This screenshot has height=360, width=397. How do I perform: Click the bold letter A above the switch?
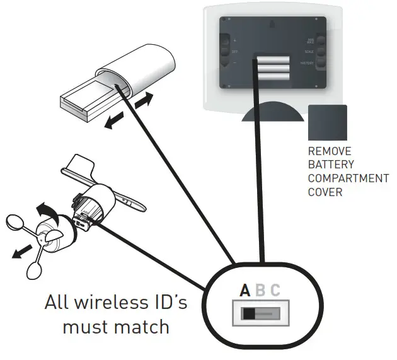coord(246,291)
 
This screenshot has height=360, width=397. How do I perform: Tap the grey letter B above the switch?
coord(261,291)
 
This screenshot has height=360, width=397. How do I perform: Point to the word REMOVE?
coord(330,151)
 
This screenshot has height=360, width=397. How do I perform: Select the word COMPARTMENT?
coord(348,178)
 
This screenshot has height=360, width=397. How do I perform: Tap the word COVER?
coord(325,192)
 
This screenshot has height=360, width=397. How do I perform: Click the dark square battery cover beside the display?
coord(328,122)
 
